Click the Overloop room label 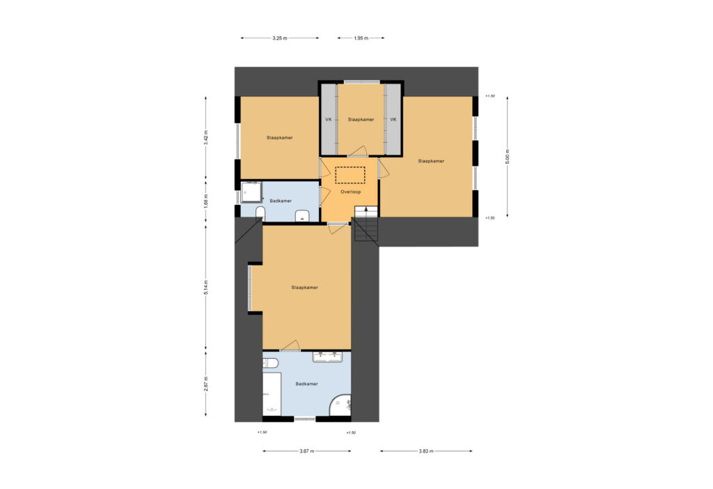click(x=351, y=192)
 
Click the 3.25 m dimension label click(x=280, y=38)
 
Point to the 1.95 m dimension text click(x=361, y=38)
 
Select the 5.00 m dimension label click(x=508, y=157)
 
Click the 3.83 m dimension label click(x=426, y=451)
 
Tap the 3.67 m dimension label click(x=307, y=451)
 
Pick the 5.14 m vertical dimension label click(x=205, y=288)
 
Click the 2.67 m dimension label click(x=205, y=384)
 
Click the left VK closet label click(x=329, y=120)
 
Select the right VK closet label click(x=393, y=120)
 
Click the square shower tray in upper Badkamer click(x=251, y=192)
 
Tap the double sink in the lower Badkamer click(x=327, y=357)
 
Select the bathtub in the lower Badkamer click(x=272, y=394)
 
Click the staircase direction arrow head click(x=366, y=209)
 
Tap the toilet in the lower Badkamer click(x=270, y=363)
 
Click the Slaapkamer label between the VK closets click(x=361, y=120)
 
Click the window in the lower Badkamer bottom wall click(x=305, y=418)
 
